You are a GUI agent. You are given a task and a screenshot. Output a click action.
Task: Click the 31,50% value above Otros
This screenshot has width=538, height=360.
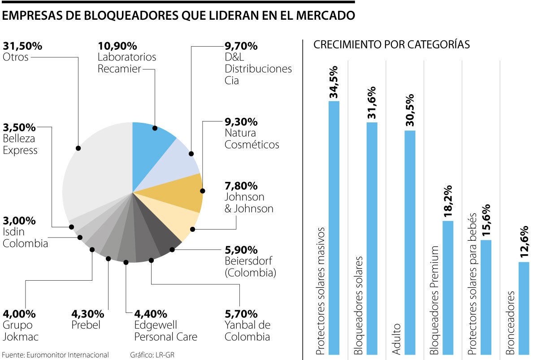coord(22,46)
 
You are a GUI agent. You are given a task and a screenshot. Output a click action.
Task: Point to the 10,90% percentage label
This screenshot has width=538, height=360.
coord(117,46)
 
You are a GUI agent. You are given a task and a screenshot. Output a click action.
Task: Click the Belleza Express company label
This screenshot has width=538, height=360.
coord(20,144)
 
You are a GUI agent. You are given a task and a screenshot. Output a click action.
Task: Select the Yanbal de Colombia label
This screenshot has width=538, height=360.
coord(247,331)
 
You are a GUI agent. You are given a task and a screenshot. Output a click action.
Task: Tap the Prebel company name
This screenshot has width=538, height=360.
coord(86,325)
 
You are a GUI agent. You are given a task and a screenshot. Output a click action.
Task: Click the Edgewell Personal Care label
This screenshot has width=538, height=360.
coord(166,331)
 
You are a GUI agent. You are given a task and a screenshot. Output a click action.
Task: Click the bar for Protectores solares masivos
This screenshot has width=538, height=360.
coord(334,224)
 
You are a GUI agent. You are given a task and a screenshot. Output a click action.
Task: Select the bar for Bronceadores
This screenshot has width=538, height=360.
coord(524,309)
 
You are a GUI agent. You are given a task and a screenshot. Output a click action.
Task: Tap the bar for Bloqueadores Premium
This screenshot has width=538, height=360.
coord(447,287)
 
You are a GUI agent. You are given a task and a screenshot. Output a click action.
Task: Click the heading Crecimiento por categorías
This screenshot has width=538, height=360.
coord(391,44)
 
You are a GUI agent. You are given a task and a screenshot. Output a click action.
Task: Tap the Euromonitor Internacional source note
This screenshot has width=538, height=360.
coord(55,355)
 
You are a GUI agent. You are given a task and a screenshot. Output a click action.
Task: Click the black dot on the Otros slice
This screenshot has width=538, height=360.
coord(78,148)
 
